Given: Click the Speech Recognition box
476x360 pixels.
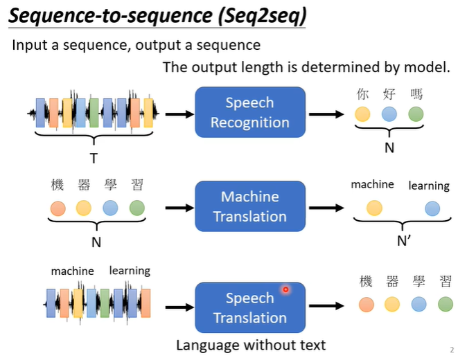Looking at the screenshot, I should point(250,112).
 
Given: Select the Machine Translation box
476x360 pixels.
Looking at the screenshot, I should point(250,206).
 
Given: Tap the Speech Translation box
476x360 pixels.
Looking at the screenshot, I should point(250,307).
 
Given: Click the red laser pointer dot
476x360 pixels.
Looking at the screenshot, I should point(285,289).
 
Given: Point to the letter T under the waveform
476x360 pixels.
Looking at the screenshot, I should point(94,158).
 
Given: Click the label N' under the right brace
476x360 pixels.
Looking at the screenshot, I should point(404,242).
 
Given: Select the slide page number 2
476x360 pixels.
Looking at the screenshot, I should point(452,350).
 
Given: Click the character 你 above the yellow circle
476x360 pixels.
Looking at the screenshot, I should point(362,95).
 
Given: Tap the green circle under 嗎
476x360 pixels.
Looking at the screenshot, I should point(416,114).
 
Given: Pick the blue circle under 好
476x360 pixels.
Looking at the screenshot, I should point(389,114).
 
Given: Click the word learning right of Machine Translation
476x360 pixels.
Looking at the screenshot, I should point(429,186).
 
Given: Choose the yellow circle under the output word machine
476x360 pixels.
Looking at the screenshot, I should point(374,207).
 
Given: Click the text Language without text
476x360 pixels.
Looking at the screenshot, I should point(250,345).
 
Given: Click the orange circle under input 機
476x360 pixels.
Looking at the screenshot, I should point(58,207).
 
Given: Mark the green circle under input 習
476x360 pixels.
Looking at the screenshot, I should point(137,207).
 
